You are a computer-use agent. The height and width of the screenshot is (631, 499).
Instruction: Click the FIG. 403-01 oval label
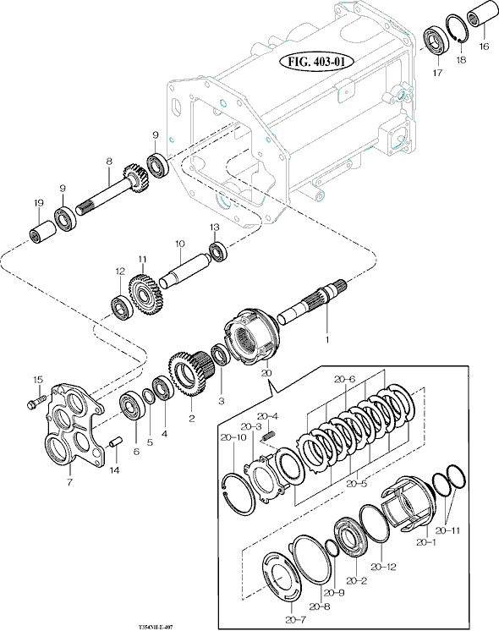pyautogui.click(x=316, y=62)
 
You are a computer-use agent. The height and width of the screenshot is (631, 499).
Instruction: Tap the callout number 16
pyautogui.click(x=484, y=47)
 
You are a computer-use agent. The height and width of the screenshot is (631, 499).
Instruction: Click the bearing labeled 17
pyautogui.click(x=436, y=41)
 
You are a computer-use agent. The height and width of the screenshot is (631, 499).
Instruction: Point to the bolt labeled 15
pyautogui.click(x=36, y=401)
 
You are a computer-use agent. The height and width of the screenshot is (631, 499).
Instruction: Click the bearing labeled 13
pyautogui.click(x=218, y=251)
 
